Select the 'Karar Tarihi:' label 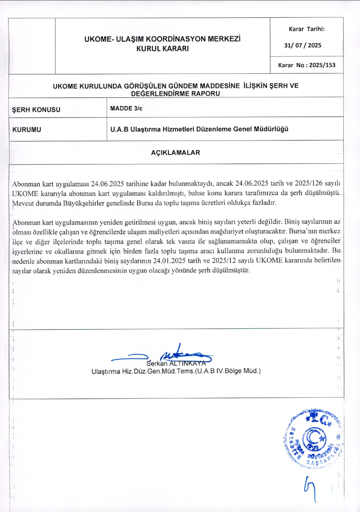307,29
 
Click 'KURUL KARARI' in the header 162,48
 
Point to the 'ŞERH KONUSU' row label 36,109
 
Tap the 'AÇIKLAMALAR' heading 175,153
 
